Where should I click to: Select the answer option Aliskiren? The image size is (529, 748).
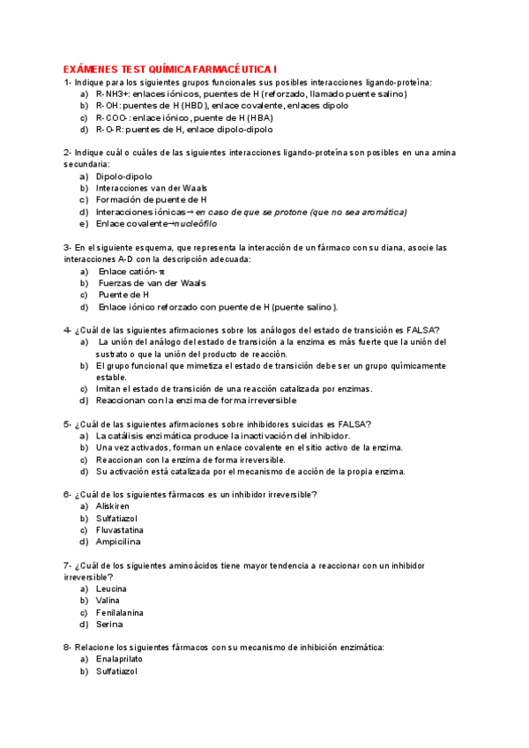pos(112,506)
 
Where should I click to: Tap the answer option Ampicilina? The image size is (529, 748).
pos(118,542)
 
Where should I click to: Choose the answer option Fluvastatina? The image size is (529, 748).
pos(121,530)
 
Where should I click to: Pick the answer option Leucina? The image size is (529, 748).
pos(111,588)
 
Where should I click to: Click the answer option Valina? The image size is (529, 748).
pos(108,601)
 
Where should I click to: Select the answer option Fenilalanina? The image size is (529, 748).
pos(120,612)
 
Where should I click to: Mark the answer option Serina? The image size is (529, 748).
pos(109,625)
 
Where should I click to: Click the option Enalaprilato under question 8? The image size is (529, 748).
pos(119,659)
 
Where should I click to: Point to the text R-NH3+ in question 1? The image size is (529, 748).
pos(112,93)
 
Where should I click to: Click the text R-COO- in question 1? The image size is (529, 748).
pos(113,117)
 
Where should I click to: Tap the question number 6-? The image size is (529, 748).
pos(68,494)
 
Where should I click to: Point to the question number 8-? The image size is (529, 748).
pos(68,647)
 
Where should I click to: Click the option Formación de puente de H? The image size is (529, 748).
pos(151,200)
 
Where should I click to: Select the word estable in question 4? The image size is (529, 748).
pos(112,377)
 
